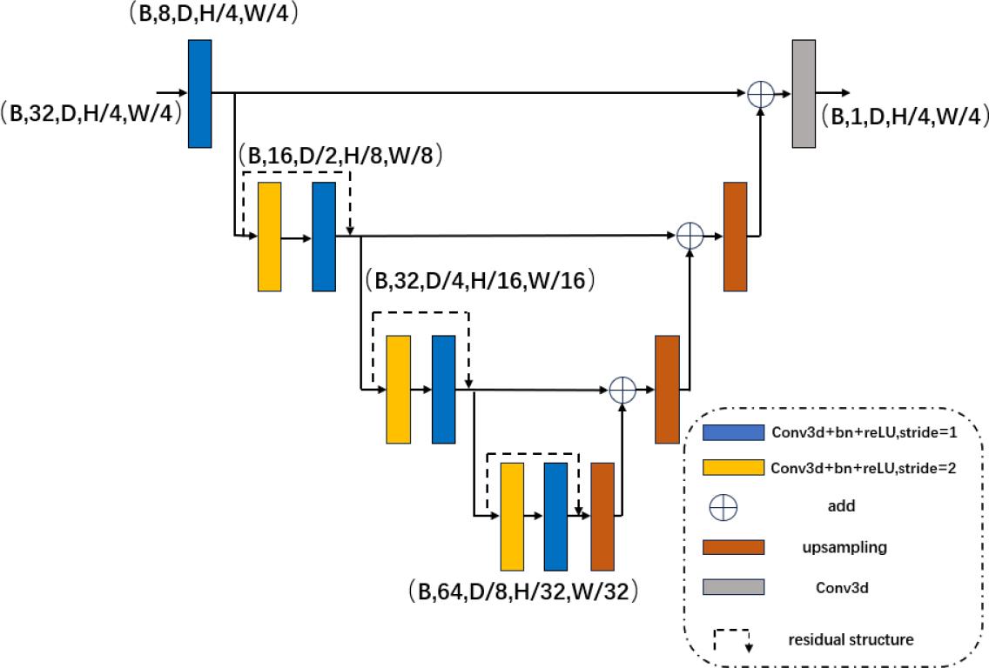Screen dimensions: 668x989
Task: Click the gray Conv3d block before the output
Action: [804, 93]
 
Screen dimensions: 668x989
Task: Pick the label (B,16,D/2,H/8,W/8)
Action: [341, 157]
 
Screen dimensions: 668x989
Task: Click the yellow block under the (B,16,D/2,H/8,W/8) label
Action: [270, 236]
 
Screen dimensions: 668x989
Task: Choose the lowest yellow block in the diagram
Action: [512, 516]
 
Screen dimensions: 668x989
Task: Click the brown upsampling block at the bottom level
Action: [602, 516]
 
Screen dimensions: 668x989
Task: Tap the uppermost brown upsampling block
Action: [736, 236]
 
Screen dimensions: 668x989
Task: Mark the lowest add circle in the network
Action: [622, 390]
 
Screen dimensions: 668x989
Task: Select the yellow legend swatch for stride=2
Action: [734, 468]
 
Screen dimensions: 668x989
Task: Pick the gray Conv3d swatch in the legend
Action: [734, 586]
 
